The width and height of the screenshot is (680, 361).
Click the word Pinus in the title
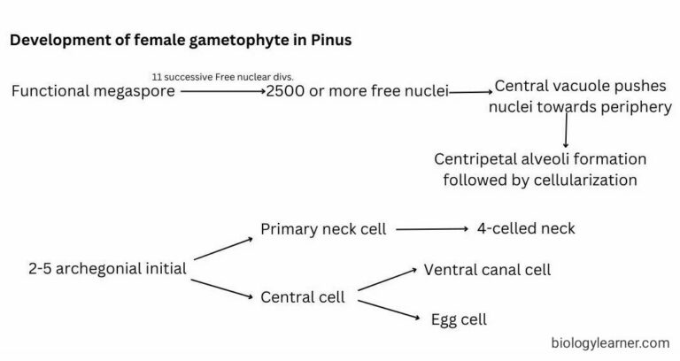pos(331,41)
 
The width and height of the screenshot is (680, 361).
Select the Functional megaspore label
pos(93,91)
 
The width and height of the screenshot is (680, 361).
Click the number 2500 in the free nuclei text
pos(286,91)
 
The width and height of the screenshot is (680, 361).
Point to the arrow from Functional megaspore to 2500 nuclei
pos(221,91)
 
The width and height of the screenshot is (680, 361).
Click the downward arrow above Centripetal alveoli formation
pos(565,131)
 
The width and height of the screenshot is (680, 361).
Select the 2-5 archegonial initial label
pos(106,269)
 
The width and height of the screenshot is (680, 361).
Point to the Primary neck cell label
pos(323,229)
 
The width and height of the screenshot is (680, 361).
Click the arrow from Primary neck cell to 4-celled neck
pos(431,229)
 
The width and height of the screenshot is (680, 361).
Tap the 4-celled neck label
pos(526,228)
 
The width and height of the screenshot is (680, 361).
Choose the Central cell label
pos(302,296)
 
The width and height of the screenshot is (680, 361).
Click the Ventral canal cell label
pos(487,269)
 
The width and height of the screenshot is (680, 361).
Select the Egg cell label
pos(458,319)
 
